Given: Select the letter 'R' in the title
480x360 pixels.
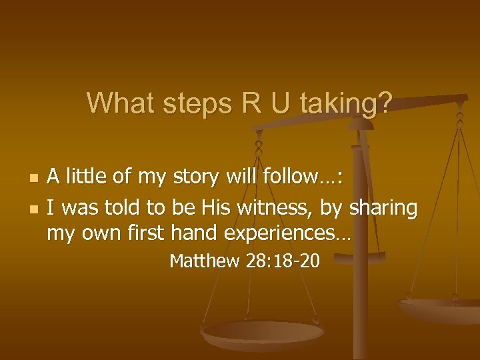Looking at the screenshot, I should point(245,103).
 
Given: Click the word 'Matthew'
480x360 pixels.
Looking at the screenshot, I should point(204,261).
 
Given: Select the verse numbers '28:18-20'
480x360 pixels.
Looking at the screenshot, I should point(283,261).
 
